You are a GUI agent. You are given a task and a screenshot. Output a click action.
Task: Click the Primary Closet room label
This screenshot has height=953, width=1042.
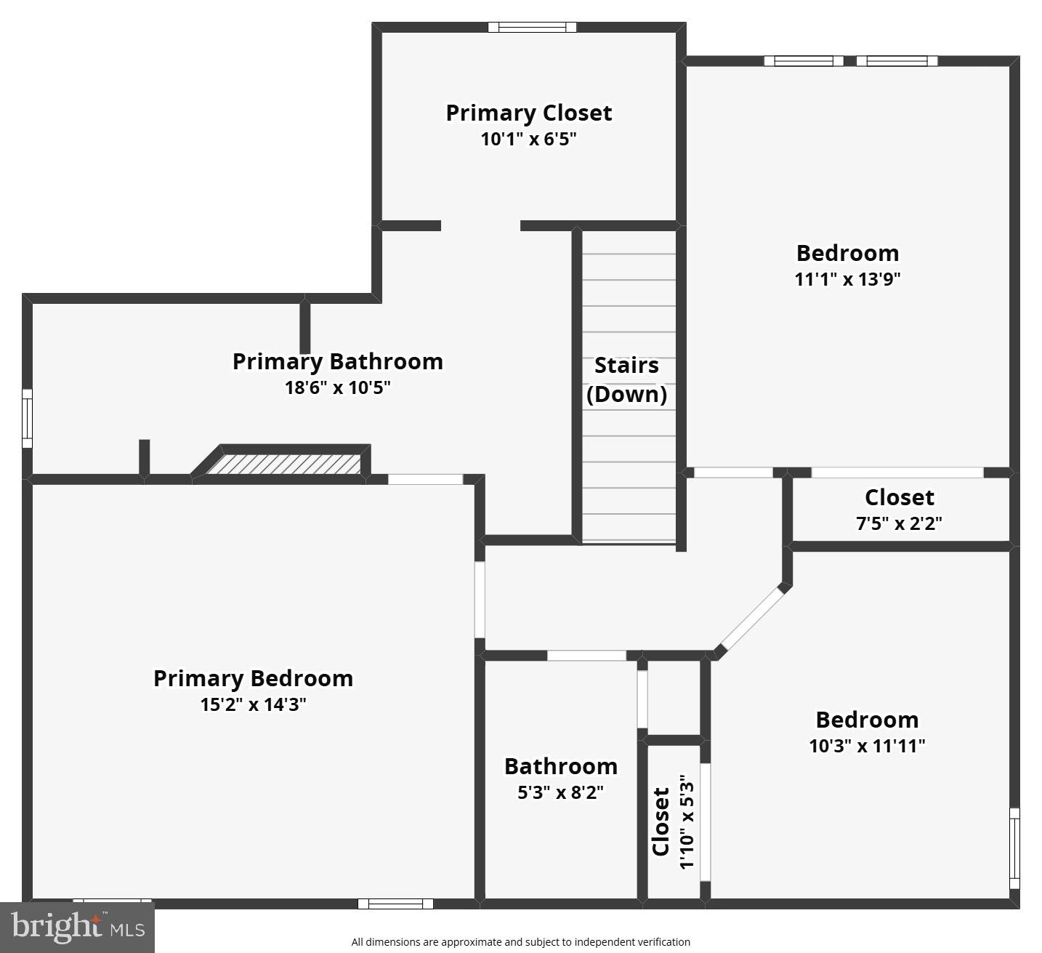[528, 113]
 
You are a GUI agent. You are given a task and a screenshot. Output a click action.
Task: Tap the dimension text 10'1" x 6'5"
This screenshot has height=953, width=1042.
[528, 139]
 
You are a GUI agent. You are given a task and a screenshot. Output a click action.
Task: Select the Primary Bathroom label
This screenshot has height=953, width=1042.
[337, 361]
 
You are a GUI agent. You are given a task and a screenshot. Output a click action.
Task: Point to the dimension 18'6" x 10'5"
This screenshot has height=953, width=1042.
[337, 387]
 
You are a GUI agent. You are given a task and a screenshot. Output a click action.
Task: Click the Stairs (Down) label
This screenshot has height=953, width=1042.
[626, 379]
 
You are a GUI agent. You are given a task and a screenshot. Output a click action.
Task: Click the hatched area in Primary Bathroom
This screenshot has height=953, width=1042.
[285, 465]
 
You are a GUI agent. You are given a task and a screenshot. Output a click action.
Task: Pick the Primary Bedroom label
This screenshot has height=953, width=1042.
[253, 678]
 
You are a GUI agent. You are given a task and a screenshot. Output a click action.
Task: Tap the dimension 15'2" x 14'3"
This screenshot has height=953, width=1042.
[253, 704]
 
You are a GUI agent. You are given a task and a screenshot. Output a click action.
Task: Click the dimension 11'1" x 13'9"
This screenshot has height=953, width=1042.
[847, 279]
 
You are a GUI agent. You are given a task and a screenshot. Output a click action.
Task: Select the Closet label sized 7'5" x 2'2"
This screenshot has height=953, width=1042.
[899, 497]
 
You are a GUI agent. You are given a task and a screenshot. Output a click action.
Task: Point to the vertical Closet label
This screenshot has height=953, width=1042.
[661, 821]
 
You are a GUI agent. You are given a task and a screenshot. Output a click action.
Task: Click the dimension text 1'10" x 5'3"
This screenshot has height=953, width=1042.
[687, 821]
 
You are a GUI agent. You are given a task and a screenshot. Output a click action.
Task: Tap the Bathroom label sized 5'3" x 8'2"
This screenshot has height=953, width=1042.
[560, 766]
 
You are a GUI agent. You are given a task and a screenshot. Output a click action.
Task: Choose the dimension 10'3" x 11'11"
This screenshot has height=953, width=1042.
[867, 746]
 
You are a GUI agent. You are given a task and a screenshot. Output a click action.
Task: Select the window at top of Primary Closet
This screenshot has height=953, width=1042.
[532, 28]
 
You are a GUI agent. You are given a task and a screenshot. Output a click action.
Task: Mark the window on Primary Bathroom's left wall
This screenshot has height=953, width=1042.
[27, 419]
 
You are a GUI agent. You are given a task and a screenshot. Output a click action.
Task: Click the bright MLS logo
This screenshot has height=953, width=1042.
[77, 927]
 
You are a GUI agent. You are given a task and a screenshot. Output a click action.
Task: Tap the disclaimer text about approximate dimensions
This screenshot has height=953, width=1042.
[520, 942]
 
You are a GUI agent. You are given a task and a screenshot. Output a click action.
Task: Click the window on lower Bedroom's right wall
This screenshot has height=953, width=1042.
[1014, 848]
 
